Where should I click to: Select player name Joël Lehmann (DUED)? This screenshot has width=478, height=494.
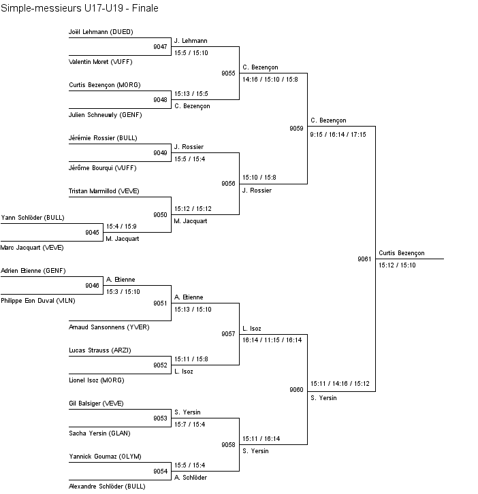tap(101, 32)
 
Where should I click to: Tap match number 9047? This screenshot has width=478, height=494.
tap(160, 47)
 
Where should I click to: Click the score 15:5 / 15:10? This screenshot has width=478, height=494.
tap(191, 52)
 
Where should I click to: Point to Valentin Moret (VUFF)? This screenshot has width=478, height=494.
tap(100, 62)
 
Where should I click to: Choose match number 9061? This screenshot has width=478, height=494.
tap(364, 259)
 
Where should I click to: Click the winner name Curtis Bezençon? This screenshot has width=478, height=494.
tap(401, 253)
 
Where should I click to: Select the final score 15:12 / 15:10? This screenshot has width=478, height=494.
tap(397, 265)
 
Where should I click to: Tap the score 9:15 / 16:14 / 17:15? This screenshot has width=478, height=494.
tap(338, 135)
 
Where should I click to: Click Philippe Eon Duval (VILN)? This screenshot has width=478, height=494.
tap(38, 300)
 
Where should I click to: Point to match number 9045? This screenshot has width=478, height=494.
tap(92, 233)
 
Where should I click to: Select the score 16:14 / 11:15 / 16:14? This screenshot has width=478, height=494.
tap(272, 340)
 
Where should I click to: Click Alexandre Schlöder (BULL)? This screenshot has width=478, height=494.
tap(107, 487)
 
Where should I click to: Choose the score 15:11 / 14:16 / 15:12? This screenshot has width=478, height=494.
tap(340, 384)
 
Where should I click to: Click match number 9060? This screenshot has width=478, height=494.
tap(296, 390)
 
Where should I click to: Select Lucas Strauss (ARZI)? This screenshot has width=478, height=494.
tap(100, 350)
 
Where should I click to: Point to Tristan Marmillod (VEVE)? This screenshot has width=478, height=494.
tap(103, 191)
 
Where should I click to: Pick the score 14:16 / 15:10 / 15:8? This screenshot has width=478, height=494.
tap(270, 80)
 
